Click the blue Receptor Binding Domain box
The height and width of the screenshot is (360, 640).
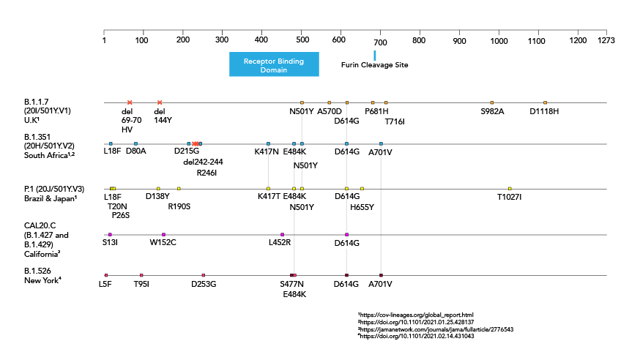[x=274, y=64]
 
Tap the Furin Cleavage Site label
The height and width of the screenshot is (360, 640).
[x=374, y=65]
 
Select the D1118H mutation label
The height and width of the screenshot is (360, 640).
[x=544, y=111]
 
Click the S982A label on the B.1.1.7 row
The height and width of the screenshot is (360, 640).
[x=492, y=111]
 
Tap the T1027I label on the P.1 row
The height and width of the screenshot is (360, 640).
[x=509, y=197]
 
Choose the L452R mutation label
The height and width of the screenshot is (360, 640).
[x=280, y=242]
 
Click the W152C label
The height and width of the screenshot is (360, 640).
[x=163, y=242]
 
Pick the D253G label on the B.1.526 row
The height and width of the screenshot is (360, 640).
[x=204, y=284]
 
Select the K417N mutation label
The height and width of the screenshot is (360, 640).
[x=267, y=152]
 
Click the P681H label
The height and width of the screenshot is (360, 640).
[x=376, y=111]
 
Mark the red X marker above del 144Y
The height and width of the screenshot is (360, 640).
[x=160, y=102]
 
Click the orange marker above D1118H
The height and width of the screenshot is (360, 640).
[x=545, y=102]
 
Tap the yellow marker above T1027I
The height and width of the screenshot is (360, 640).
[x=510, y=189]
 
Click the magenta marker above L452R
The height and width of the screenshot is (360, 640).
[x=282, y=234]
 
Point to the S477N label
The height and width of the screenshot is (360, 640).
[x=291, y=284]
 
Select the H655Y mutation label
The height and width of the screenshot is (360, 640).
[x=362, y=207]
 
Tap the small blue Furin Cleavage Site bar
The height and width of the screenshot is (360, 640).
[x=374, y=56]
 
